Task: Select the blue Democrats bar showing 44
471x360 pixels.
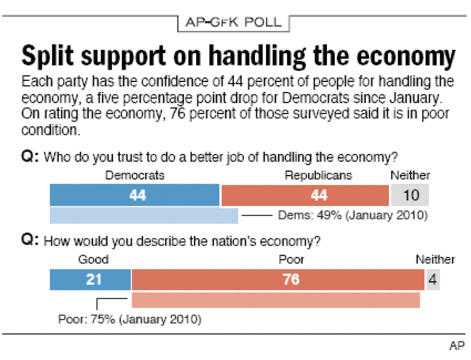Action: (134, 195)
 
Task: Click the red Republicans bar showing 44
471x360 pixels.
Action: (305, 195)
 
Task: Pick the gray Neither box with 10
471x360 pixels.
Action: (409, 195)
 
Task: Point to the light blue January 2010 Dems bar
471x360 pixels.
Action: (143, 216)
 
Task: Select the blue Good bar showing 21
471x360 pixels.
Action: (90, 279)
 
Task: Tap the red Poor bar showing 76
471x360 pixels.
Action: (278, 279)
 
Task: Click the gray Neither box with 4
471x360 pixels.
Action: (433, 279)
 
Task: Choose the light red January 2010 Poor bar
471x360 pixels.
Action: (276, 300)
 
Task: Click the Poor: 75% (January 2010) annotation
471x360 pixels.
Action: (130, 320)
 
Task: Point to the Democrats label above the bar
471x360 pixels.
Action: (134, 175)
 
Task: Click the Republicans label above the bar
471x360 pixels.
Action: (318, 175)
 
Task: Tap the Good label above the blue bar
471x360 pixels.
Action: (93, 260)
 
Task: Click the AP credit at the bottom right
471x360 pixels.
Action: (456, 345)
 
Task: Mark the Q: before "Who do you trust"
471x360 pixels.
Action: (29, 156)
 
